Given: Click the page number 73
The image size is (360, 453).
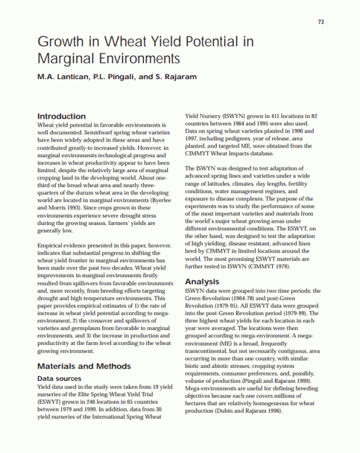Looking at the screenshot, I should click(x=321, y=22).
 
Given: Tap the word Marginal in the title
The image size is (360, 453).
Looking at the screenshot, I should click(x=65, y=59).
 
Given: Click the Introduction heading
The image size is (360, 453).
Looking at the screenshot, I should click(x=61, y=116).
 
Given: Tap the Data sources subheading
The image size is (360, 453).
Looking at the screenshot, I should click(x=59, y=379).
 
